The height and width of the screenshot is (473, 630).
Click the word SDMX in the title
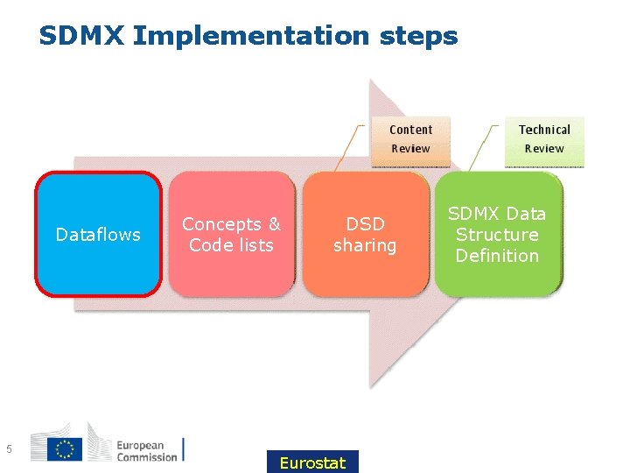pos(82,36)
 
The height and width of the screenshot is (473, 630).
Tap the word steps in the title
pos(419,37)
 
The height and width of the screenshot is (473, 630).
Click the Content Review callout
pos(410,139)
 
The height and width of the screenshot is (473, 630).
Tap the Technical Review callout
pos(543,139)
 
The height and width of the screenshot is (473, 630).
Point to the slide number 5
pos(9,450)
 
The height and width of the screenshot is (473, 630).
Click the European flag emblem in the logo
pos(63,448)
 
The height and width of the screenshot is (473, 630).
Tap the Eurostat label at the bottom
pos(312,462)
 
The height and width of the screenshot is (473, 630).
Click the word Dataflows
pos(98,235)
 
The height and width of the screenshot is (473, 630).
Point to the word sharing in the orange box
pos(365,245)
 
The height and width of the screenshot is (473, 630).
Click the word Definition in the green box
pos(497,256)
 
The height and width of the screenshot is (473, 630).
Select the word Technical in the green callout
pos(544,130)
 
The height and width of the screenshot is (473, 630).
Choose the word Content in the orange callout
pos(410,130)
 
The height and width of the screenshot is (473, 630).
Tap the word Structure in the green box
pos(497,235)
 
